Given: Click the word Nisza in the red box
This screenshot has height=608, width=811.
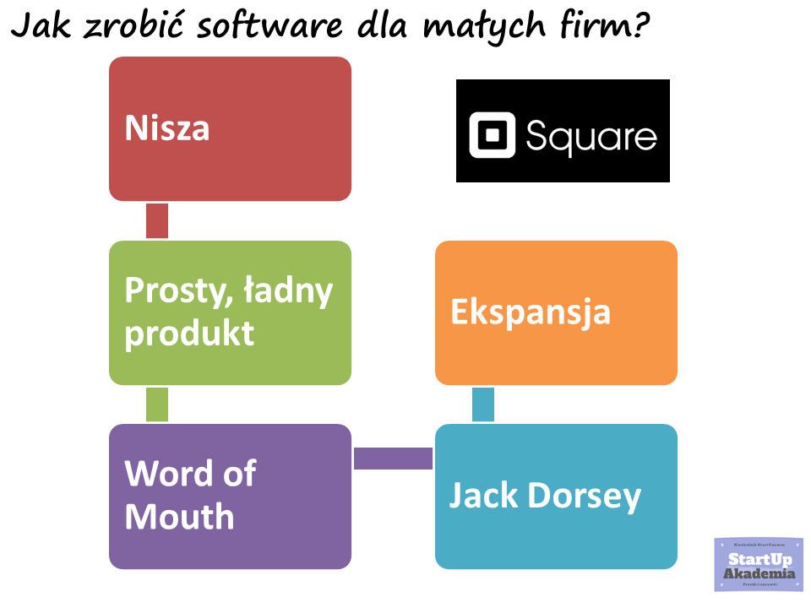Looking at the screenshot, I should [167, 129].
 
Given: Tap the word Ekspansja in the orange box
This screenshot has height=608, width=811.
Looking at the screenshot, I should [531, 312].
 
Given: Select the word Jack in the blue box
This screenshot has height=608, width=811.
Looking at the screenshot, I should [483, 496].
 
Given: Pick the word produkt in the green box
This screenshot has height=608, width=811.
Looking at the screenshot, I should [189, 334].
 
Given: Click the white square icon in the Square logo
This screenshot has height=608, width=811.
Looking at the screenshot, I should [492, 135].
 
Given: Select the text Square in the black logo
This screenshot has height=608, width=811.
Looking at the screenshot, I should [591, 135].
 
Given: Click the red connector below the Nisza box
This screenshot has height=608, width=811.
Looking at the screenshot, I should [157, 221].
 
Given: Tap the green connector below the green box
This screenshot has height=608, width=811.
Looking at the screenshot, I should [157, 404].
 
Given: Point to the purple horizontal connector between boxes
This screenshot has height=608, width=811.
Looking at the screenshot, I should [394, 459].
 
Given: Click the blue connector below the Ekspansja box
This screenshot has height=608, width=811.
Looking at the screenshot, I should [483, 404].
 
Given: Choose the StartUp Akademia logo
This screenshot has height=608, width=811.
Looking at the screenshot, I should [758, 563].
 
